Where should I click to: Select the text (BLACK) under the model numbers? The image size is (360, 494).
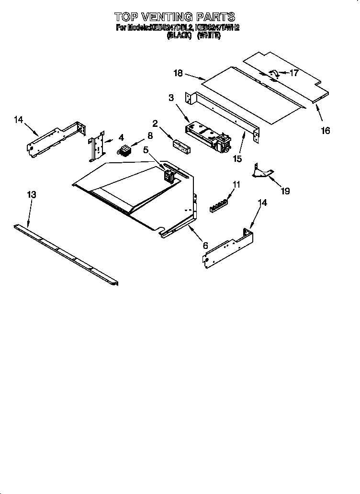point(179,36)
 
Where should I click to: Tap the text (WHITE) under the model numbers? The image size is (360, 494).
point(209,36)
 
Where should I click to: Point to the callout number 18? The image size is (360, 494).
point(178,73)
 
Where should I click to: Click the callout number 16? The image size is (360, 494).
point(325,130)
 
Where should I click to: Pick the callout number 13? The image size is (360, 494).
point(31,195)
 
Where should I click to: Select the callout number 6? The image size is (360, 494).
point(205,245)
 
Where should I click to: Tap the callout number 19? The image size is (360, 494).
point(285,191)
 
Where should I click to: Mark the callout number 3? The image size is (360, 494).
point(171,98)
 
